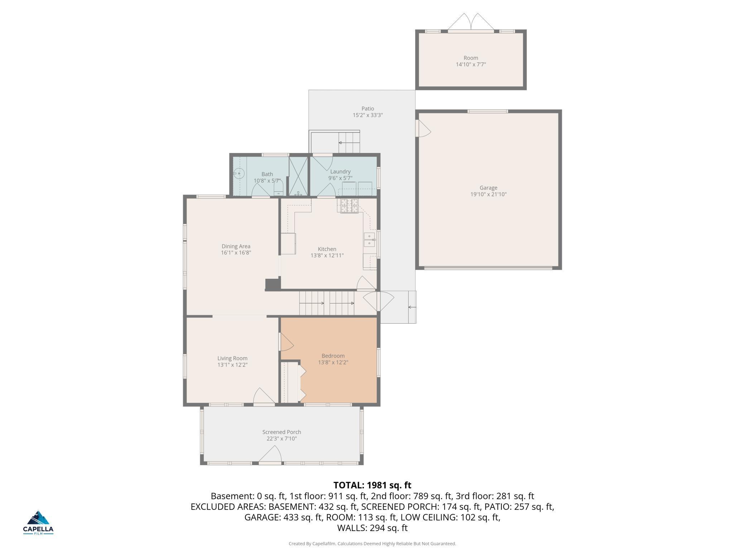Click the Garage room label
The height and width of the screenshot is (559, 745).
pos(488,188)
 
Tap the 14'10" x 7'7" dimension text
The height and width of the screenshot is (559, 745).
pos(471,64)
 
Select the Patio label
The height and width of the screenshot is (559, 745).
pos(367,109)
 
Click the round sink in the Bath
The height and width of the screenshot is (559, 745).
pos(239,173)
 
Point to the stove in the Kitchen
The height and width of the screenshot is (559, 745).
pos(349,206)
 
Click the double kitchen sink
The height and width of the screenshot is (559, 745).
pos(369,240)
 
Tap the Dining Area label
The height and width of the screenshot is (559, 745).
pos(236,246)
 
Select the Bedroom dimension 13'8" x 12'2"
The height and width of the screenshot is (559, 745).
pos(333,362)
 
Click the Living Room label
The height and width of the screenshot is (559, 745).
pos(232,358)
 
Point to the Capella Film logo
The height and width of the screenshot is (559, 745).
pos(38,522)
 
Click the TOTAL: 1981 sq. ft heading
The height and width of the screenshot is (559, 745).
pos(372,485)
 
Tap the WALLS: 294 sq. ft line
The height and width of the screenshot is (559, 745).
pos(372,528)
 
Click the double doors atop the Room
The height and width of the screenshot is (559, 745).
pos(471,22)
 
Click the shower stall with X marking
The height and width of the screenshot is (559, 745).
pos(298,176)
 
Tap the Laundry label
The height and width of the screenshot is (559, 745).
pos(340,172)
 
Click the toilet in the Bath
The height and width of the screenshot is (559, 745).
pos(278,188)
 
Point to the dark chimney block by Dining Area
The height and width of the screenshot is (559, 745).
pos(272,285)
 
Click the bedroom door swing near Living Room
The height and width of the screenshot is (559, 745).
pos(286,343)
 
